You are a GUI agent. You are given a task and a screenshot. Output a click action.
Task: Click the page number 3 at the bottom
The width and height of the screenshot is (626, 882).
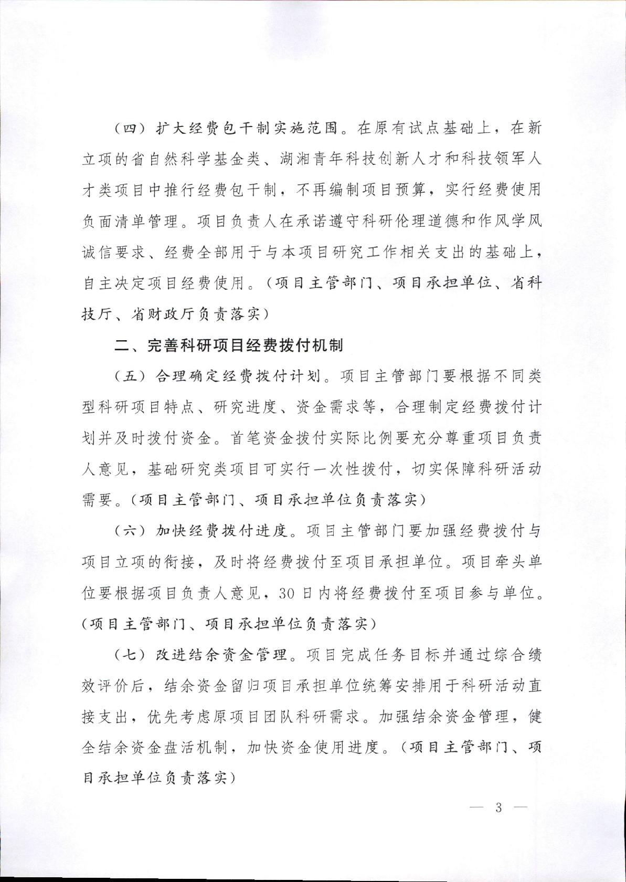(498, 807)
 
